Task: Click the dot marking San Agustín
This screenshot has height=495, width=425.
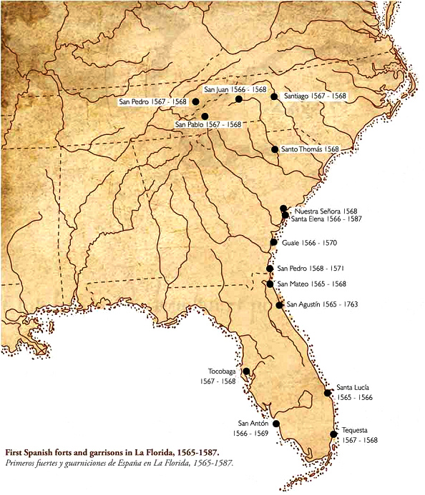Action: [x=279, y=305]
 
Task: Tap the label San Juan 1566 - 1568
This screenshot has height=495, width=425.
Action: [x=235, y=90]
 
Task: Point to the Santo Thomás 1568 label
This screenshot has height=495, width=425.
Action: [x=310, y=149]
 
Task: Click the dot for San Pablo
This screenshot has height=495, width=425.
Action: [x=205, y=116]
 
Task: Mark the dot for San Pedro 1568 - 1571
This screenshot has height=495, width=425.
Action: [x=270, y=269]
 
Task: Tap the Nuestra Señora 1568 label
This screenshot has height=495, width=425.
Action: [x=326, y=211]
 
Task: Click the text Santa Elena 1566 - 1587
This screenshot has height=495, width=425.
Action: [x=326, y=220]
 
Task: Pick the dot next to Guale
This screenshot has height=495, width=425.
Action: [x=273, y=243]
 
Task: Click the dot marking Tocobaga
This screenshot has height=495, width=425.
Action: [x=246, y=371]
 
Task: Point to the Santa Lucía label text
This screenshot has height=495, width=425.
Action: [x=353, y=386]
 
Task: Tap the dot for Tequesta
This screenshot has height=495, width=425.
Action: [x=333, y=434]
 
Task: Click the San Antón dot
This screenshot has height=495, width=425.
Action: [x=276, y=424]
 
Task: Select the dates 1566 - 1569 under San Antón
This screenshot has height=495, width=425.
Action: [x=250, y=434]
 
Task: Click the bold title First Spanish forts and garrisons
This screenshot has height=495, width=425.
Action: [x=112, y=453]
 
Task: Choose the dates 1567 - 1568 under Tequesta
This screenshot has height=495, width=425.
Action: [x=360, y=440]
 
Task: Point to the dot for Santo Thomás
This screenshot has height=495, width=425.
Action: [x=275, y=149]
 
